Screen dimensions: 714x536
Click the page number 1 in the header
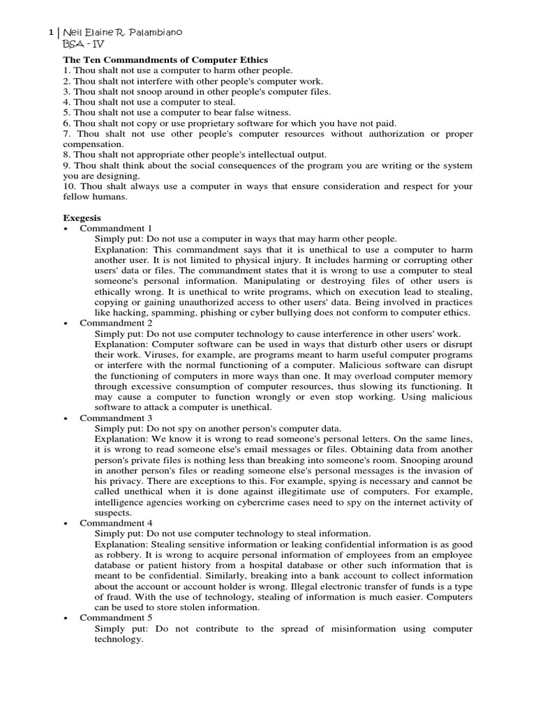click(x=50, y=33)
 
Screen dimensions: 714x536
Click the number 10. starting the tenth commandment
click(x=70, y=186)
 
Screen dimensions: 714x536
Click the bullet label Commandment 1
click(x=116, y=228)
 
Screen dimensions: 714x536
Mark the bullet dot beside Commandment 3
click(x=65, y=418)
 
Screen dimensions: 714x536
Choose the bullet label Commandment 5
click(x=116, y=618)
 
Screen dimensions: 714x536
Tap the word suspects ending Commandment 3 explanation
click(x=113, y=512)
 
